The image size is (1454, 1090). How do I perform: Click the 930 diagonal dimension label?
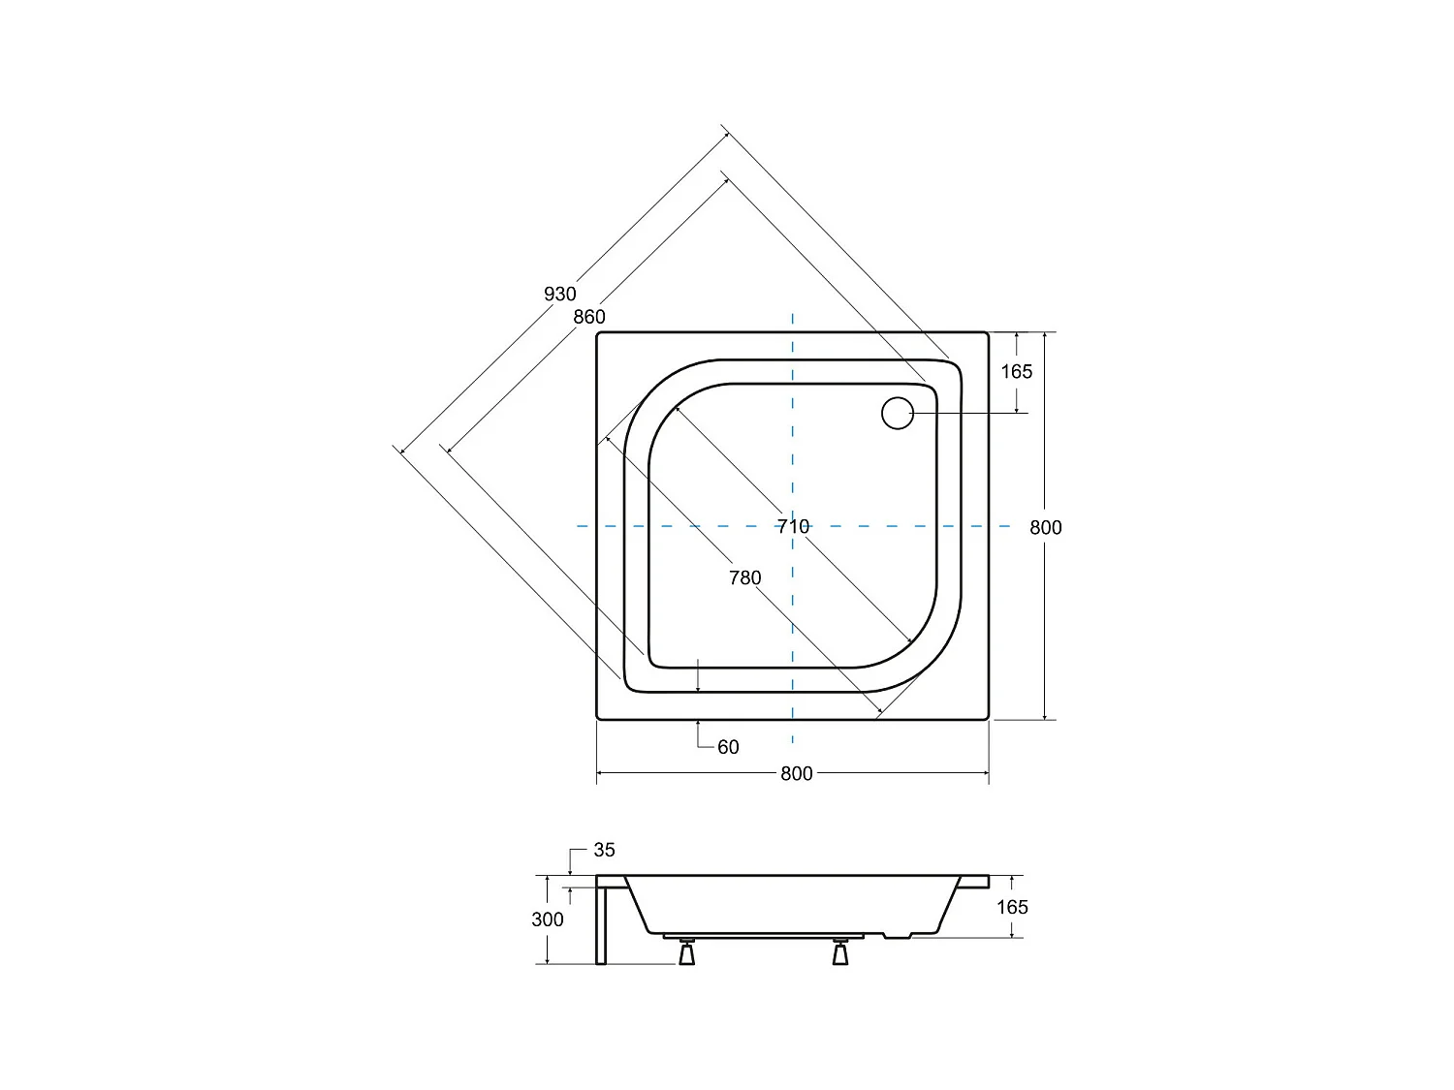point(560,294)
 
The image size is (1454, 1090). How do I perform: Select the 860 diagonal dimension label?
point(588,317)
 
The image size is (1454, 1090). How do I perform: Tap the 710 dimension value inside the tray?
point(793,527)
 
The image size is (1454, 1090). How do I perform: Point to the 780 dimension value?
point(744,578)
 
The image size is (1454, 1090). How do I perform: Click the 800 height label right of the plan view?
point(1046,528)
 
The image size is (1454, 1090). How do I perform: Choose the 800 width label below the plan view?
point(796,774)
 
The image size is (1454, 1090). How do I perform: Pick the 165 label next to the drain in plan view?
point(1017,372)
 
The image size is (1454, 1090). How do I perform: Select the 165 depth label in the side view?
point(1012,907)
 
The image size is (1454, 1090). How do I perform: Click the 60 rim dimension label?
point(728,747)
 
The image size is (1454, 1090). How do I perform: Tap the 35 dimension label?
point(604,851)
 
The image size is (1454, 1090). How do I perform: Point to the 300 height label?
point(548,919)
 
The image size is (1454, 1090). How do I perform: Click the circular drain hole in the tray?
point(898,413)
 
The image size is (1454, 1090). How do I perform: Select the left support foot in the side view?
point(687,953)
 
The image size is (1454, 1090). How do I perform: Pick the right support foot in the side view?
point(839,953)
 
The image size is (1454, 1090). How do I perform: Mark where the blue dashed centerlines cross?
point(793,526)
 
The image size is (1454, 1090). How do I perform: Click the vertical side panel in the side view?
point(601,925)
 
